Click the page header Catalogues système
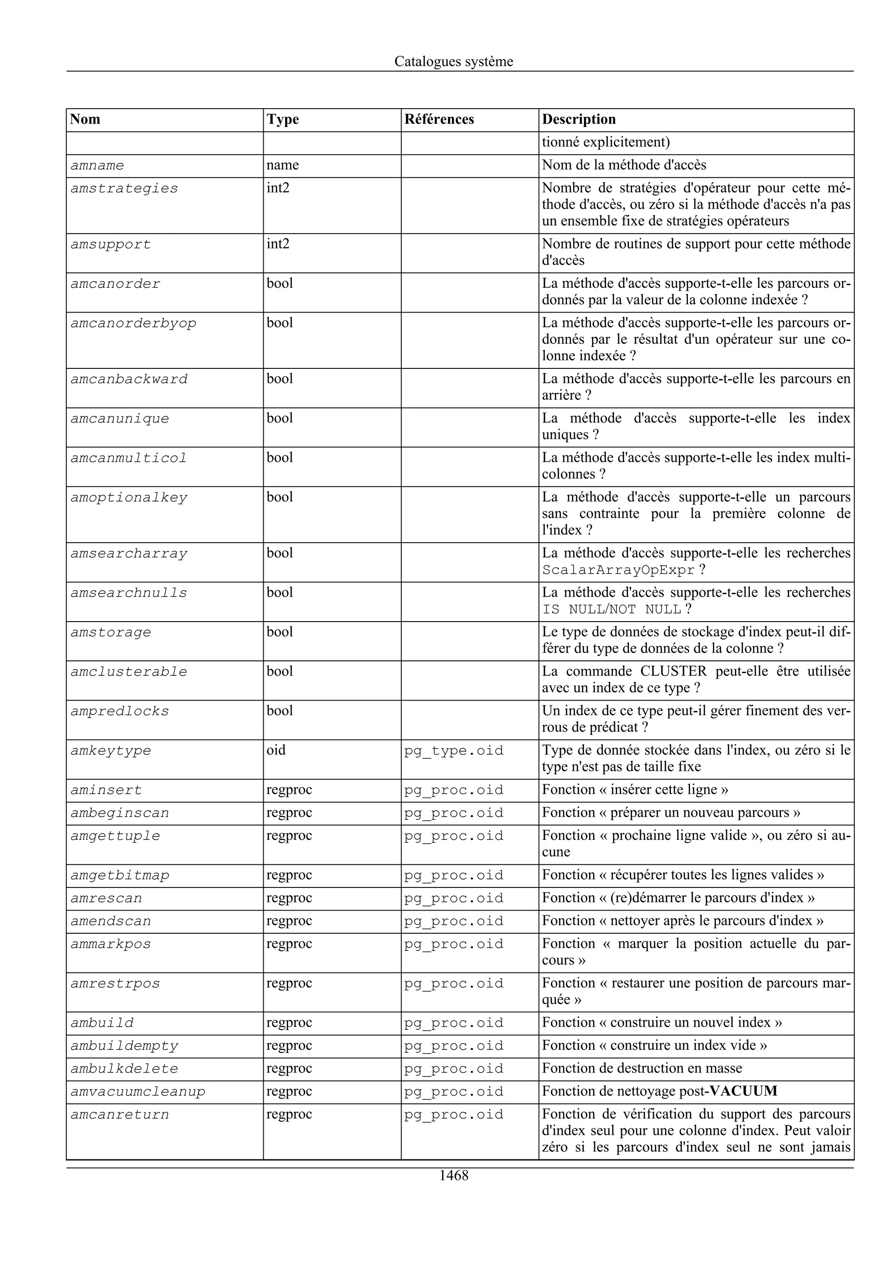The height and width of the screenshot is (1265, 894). pyautogui.click(x=454, y=61)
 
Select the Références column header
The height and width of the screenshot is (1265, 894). pyautogui.click(x=439, y=120)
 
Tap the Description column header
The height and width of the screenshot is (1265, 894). pyautogui.click(x=578, y=120)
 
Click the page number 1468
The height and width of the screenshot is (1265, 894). pyautogui.click(x=454, y=1176)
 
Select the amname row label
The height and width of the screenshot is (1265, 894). pyautogui.click(x=97, y=165)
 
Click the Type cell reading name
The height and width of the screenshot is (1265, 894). pyautogui.click(x=282, y=165)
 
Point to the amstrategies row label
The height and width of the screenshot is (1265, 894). pyautogui.click(x=124, y=189)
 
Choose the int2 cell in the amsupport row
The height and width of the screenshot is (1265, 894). pyautogui.click(x=278, y=244)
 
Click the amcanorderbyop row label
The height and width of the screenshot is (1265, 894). pyautogui.click(x=133, y=323)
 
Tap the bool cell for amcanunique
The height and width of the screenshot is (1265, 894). pyautogui.click(x=280, y=418)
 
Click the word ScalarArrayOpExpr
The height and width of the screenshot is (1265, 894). pyautogui.click(x=618, y=570)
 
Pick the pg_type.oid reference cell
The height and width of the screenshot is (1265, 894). pyautogui.click(x=454, y=751)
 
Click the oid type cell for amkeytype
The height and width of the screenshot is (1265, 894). pyautogui.click(x=276, y=750)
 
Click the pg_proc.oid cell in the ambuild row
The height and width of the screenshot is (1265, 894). pyautogui.click(x=454, y=1023)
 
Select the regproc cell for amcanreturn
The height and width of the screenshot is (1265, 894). pyautogui.click(x=289, y=1114)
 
